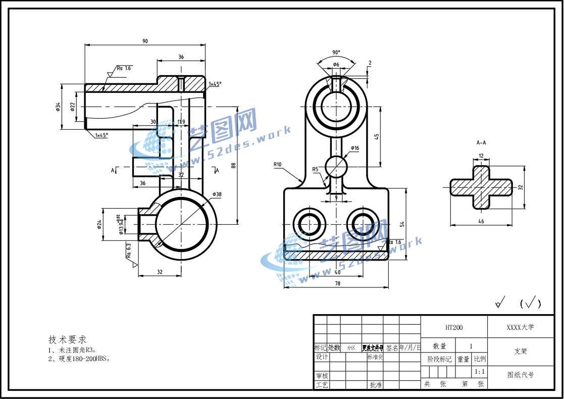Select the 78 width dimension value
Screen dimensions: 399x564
point(337,283)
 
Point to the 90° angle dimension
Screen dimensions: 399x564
point(336,53)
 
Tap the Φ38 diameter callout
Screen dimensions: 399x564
point(217,194)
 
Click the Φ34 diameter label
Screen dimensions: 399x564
point(59,106)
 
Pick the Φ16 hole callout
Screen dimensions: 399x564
point(355,148)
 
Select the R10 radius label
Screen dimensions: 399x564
point(277,164)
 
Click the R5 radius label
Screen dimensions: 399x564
point(316,169)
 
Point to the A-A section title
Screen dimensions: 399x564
point(481,143)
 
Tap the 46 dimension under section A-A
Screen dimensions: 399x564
point(481,221)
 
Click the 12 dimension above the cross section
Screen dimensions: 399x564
point(481,156)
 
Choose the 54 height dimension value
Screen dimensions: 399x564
point(402,224)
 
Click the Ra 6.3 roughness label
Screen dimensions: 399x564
point(129,251)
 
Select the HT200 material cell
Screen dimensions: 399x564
point(453,328)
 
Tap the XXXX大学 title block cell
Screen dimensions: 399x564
point(520,327)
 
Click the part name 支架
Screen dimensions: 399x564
point(520,351)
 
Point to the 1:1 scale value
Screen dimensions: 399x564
point(480,372)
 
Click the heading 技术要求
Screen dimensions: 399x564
point(67,339)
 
